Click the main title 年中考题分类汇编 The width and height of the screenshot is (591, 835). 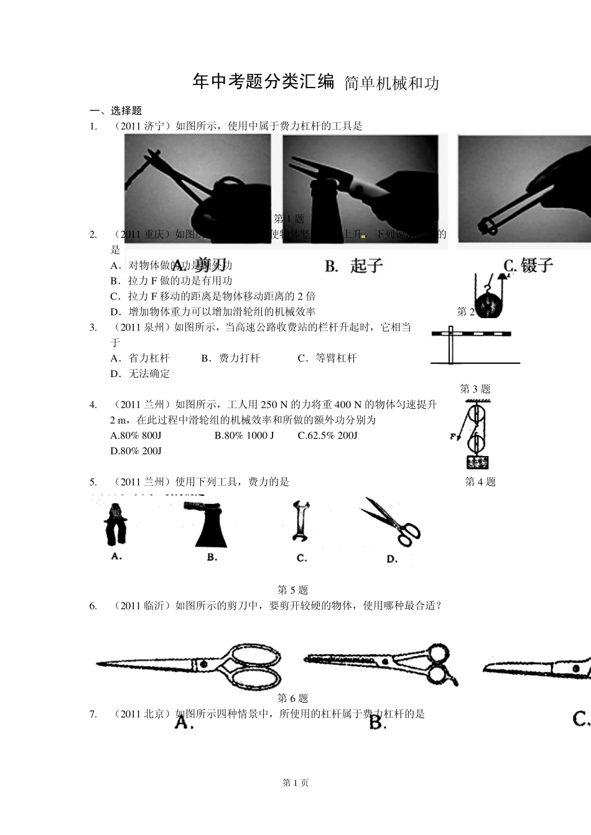click(264, 81)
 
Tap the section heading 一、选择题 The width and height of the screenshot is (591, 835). click(116, 111)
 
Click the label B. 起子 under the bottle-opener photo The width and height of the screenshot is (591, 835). click(354, 266)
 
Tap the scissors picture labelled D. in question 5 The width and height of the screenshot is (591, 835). click(391, 522)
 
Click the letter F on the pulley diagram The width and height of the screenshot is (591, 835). click(454, 437)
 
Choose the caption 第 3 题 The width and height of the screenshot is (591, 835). click(475, 389)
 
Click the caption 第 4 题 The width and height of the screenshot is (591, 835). click(480, 481)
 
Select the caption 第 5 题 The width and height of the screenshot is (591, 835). click(292, 590)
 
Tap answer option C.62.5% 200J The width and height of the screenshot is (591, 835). click(328, 436)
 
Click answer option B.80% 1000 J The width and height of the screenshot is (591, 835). click(244, 436)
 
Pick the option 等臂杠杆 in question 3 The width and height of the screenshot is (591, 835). click(327, 358)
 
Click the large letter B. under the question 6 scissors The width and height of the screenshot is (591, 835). click(378, 723)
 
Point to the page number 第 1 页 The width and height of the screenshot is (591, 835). click(295, 783)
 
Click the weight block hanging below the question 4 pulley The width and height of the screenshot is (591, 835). click(477, 462)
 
